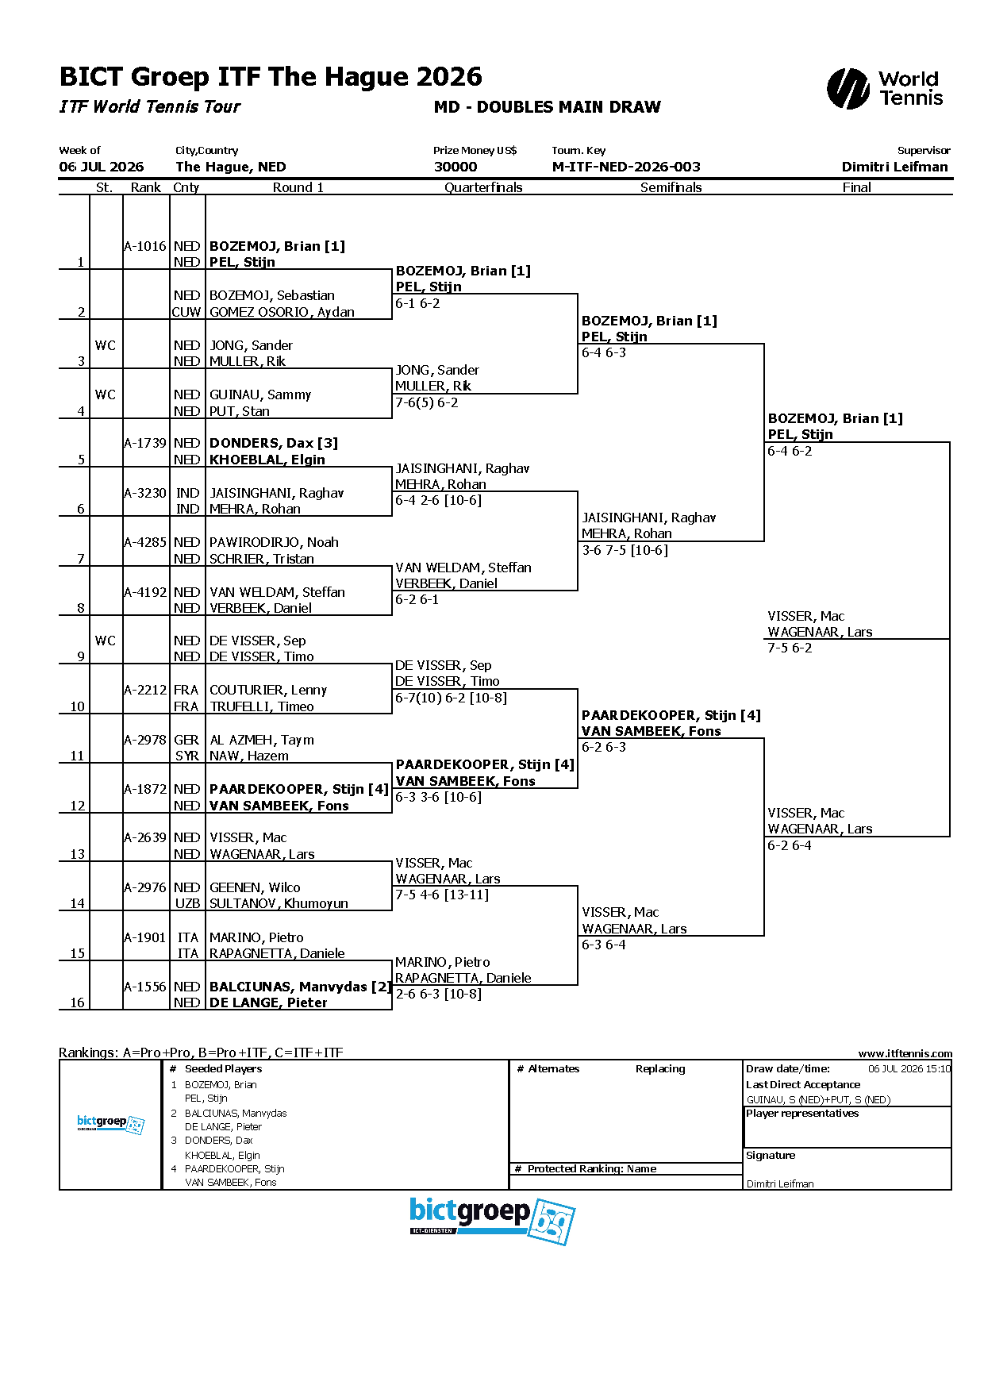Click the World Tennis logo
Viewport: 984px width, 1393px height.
[885, 88]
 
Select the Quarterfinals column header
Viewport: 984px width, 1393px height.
[483, 187]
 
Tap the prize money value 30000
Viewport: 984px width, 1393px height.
[455, 167]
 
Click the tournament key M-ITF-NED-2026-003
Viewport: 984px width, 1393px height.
[626, 167]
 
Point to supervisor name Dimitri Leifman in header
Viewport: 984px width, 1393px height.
[895, 167]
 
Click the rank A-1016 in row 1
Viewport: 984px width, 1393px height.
[145, 246]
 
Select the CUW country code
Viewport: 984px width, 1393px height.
[186, 312]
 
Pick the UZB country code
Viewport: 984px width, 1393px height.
[187, 903]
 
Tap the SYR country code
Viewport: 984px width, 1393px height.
[187, 756]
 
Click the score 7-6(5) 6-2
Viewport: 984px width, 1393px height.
[427, 402]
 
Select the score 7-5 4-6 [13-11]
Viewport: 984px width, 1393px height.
[442, 895]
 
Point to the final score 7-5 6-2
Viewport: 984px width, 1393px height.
[790, 648]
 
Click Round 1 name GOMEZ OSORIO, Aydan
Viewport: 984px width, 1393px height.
[282, 312]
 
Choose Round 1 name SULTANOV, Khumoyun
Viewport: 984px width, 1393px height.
[279, 903]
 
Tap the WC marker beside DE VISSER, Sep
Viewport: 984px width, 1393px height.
[106, 641]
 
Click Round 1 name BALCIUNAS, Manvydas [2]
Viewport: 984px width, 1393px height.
[300, 987]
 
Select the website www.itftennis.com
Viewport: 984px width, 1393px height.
[905, 1053]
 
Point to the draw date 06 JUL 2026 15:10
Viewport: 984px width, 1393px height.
[909, 1068]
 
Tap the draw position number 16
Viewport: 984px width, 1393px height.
[77, 1002]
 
